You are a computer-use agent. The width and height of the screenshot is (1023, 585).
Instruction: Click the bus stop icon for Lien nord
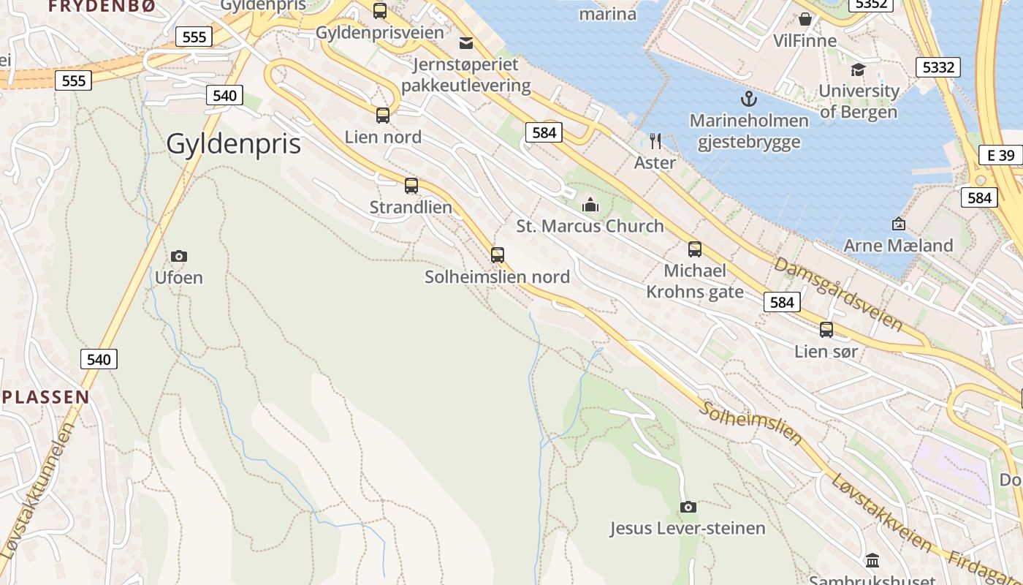(x=383, y=116)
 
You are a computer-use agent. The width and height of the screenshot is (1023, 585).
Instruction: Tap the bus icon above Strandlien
(x=411, y=186)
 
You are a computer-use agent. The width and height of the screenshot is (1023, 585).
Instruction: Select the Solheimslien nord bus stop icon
(x=498, y=255)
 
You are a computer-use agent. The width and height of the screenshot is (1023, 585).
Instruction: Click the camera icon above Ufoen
(x=179, y=256)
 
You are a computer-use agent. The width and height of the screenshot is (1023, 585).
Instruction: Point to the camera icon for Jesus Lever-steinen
(x=688, y=507)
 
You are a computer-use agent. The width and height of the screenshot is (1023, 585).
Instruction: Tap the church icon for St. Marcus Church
(x=590, y=205)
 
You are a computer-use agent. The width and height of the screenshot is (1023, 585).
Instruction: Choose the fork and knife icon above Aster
(x=655, y=141)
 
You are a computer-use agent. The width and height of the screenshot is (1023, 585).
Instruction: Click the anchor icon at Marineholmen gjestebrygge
(x=749, y=99)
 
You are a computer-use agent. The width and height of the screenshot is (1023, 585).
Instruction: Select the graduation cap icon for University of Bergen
(x=858, y=69)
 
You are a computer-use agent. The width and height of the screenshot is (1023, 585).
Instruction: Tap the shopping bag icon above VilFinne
(x=805, y=19)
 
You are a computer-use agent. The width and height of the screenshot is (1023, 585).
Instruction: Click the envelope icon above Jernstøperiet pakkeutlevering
(x=466, y=42)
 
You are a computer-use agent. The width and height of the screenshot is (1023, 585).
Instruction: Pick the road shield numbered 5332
(x=938, y=68)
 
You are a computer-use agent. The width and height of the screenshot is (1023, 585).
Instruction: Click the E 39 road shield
(x=1000, y=155)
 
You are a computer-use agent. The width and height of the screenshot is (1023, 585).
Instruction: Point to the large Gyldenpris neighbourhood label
(x=233, y=144)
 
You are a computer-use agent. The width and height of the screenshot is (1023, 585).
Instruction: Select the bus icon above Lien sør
(x=826, y=330)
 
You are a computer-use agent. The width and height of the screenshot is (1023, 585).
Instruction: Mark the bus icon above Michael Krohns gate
(x=695, y=249)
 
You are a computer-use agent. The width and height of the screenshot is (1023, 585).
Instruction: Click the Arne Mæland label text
(x=898, y=246)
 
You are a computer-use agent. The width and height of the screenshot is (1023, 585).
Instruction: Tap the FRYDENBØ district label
(x=102, y=6)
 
